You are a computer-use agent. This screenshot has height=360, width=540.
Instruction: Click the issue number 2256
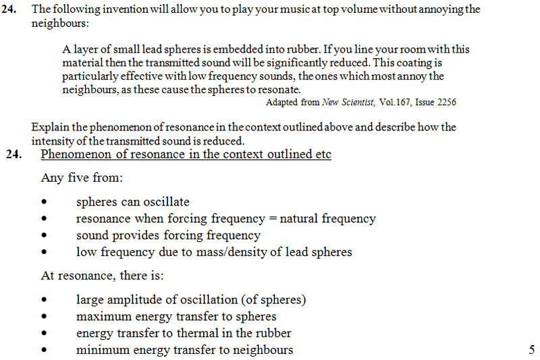coord(445,103)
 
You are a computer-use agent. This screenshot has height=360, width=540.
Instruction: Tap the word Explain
coord(49,126)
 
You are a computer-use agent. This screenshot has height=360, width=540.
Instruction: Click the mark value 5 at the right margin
coord(531,350)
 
